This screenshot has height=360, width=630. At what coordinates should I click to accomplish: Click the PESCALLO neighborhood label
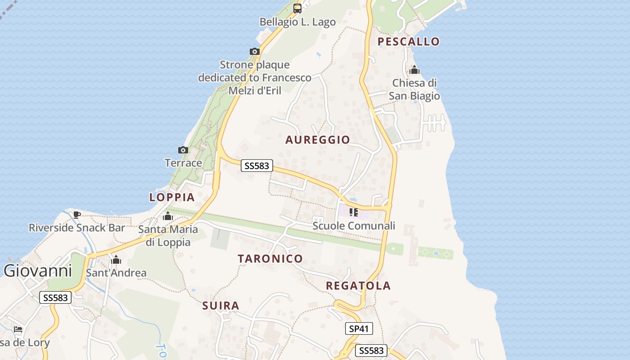408,42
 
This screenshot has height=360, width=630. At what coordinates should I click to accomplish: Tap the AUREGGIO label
318,140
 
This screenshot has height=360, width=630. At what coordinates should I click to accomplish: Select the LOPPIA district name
172,197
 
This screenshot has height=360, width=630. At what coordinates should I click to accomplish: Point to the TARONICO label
270,259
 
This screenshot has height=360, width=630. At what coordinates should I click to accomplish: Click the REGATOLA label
358,286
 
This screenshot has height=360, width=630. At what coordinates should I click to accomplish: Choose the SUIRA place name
220,306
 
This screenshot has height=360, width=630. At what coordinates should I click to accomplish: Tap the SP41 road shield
359,328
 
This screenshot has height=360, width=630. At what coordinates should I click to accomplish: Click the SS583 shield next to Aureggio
256,166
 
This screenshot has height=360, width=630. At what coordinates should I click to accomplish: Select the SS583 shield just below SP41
371,351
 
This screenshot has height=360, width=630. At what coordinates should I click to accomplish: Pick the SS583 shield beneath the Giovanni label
56,297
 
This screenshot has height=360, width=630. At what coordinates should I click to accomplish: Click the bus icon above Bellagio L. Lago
297,8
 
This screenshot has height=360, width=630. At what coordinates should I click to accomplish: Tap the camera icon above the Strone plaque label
255,51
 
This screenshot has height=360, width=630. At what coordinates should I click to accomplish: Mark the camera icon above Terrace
183,150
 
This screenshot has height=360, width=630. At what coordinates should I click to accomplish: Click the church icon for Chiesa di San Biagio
414,70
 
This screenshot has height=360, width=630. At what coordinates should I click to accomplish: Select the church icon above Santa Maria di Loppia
168,216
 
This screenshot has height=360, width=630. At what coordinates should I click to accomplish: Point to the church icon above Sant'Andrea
116,260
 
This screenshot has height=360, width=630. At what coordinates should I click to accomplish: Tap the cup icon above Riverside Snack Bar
76,214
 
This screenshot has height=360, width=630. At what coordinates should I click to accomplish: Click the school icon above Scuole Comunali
354,212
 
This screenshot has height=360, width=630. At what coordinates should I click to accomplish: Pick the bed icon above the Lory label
18,329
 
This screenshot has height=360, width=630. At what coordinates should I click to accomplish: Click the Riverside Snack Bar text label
76,228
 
